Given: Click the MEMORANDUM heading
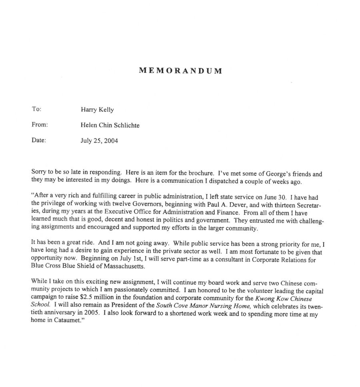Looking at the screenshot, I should click(x=180, y=71).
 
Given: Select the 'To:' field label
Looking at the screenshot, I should click(x=36, y=109).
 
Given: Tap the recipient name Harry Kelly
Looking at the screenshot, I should click(x=94, y=110).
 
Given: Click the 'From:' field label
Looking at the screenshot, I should click(x=40, y=125).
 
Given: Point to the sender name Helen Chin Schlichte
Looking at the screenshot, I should click(x=110, y=126).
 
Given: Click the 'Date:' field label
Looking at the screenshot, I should click(x=39, y=140).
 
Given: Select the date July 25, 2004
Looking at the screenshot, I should click(x=99, y=141).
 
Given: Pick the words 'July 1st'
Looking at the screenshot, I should click(x=127, y=260).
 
